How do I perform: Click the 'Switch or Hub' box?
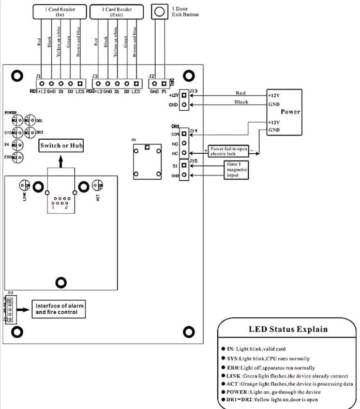pos(62,145)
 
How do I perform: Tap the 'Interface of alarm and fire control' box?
pos(58,309)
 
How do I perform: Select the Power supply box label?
pos(290,112)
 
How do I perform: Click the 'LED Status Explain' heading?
pos(289,329)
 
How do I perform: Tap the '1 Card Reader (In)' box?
pos(58,11)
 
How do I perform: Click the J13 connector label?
pos(194,91)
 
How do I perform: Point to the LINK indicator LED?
pos(24,185)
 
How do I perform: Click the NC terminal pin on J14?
pos(184,153)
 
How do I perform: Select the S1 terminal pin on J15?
pos(184,166)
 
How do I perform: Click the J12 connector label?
pos(8,293)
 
